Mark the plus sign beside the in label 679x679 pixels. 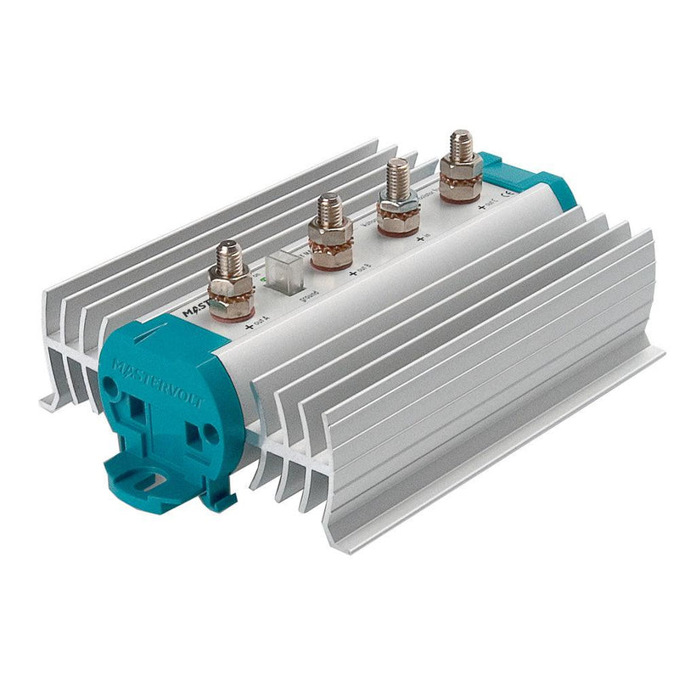(x=418, y=241)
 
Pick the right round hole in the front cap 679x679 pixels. (x=211, y=435)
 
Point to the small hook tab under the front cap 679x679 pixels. (x=222, y=496)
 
